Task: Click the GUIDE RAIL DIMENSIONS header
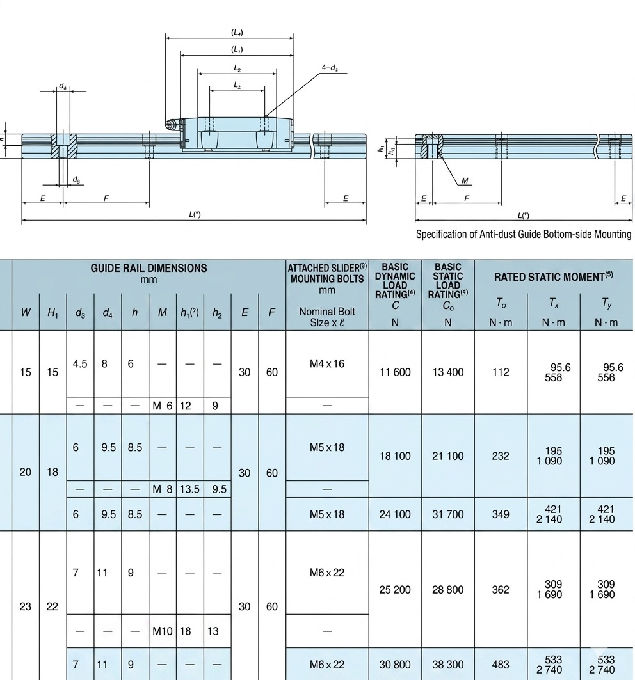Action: (149, 268)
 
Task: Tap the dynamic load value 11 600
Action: (395, 372)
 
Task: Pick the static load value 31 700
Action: (448, 514)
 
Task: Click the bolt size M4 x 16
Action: (327, 364)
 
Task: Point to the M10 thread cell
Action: (163, 631)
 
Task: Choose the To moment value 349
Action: (501, 514)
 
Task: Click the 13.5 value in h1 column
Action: (189, 489)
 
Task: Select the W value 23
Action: (25, 606)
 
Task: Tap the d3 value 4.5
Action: (80, 364)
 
